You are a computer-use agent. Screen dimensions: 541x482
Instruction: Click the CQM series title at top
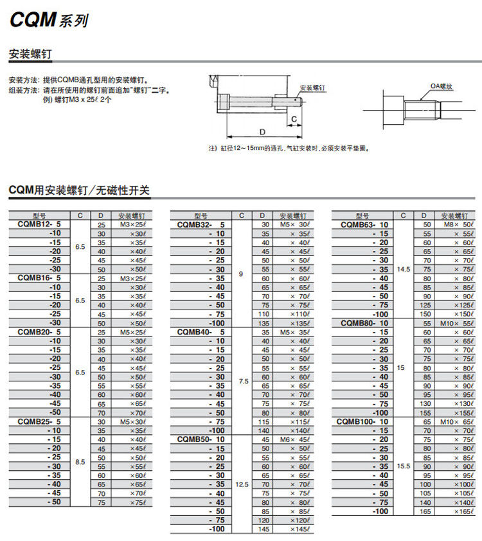(48, 20)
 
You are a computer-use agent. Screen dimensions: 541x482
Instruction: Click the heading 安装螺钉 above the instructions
(30, 54)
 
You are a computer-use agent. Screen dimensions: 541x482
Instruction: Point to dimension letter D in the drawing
(262, 131)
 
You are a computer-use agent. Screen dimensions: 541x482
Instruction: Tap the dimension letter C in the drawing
(294, 119)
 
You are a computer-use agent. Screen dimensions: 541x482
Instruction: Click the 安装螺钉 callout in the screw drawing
(313, 87)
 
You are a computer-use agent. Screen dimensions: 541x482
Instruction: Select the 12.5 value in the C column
(242, 484)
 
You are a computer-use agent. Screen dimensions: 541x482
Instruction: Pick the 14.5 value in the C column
(403, 269)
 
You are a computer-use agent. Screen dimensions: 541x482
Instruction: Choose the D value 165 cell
(426, 511)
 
